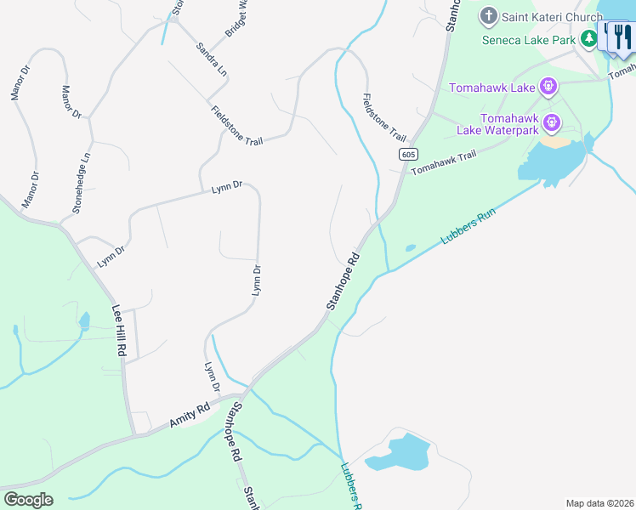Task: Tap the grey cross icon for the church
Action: [489, 15]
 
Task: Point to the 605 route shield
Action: [408, 154]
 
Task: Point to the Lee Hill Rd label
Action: [121, 331]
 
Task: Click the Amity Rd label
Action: [190, 416]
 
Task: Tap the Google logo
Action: [28, 499]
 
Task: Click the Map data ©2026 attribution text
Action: [599, 503]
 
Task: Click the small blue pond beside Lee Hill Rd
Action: [84, 321]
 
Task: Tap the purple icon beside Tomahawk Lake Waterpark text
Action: [553, 123]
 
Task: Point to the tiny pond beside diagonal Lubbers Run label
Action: [411, 248]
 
